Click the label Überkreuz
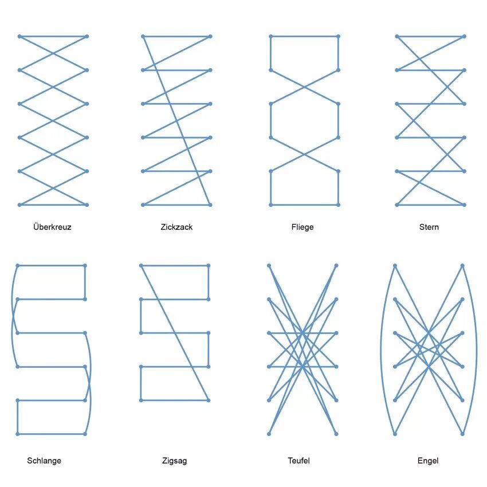tap(52, 227)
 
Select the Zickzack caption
tap(176, 227)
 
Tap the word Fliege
tap(302, 227)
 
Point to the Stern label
tap(429, 227)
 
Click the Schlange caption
tap(44, 461)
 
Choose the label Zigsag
tap(174, 461)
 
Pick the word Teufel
tap(299, 461)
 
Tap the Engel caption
tap(428, 461)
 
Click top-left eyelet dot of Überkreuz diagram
tap(19, 37)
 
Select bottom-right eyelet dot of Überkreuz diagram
tap(87, 205)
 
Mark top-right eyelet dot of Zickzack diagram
tap(211, 37)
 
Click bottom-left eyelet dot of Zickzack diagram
tap(143, 205)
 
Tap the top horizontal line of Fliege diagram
tap(304, 37)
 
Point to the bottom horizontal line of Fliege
tap(304, 205)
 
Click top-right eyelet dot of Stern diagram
tap(464, 37)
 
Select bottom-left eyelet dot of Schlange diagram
tap(18, 434)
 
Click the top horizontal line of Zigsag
tap(174, 266)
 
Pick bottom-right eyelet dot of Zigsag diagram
tap(208, 400)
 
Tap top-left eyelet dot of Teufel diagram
tap(269, 266)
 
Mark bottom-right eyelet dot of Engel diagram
tap(462, 434)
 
